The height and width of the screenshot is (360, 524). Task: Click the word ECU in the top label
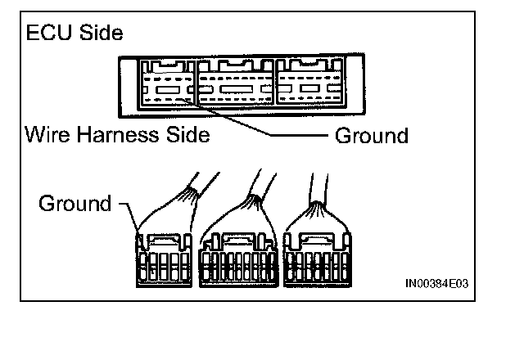[47, 34]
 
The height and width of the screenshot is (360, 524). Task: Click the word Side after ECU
[100, 34]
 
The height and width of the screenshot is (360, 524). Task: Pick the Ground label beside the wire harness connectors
[75, 203]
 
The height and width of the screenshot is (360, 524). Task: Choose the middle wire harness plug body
[237, 258]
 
